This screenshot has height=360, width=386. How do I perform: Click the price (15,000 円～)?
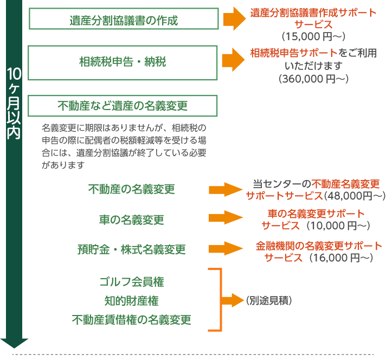click(313, 37)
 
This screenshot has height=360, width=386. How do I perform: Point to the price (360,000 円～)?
click(313, 79)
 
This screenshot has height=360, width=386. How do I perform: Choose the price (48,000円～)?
click(355, 196)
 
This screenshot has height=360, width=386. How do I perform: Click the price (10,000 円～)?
click(338, 226)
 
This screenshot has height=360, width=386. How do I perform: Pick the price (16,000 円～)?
click(341, 258)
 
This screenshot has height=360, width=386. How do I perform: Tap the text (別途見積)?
click(269, 300)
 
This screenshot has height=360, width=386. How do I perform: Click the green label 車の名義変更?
click(131, 220)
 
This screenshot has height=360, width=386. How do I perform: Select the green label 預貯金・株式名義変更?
click(131, 249)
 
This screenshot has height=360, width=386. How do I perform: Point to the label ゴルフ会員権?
click(131, 282)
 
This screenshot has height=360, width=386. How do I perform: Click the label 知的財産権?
click(131, 301)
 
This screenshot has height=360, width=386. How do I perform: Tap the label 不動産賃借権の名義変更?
click(131, 320)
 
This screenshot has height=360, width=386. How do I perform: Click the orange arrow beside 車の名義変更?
click(226, 217)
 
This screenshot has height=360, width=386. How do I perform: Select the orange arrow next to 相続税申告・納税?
click(233, 60)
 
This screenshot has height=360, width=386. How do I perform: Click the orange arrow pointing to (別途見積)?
click(233, 300)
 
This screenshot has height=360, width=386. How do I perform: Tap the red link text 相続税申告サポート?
click(294, 53)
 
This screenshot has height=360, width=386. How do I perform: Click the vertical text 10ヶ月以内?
click(14, 104)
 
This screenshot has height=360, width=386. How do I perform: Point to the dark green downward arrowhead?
click(14, 343)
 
